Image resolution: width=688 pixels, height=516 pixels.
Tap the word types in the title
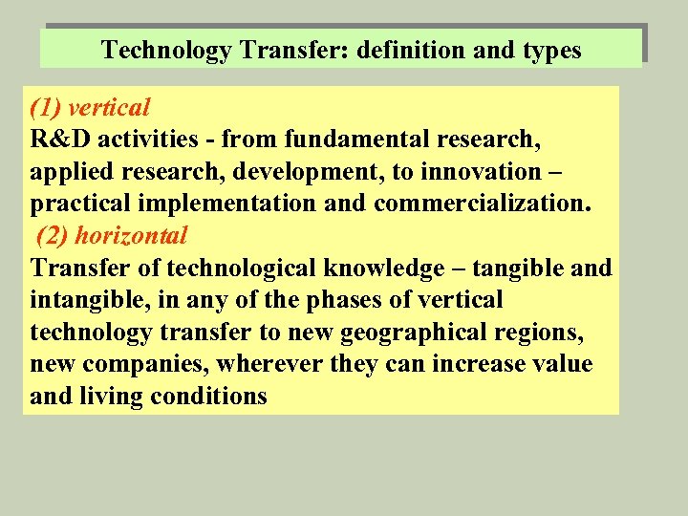point(548,50)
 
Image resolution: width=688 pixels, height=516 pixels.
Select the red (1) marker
point(45,108)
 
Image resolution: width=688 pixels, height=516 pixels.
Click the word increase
point(473,364)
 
